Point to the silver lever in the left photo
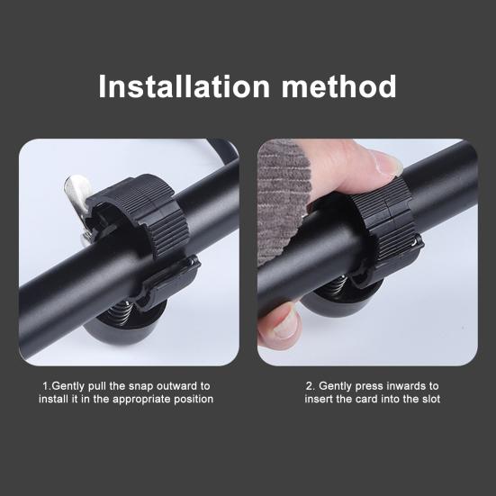pos(78,191)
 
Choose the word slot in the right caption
pos(428,399)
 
